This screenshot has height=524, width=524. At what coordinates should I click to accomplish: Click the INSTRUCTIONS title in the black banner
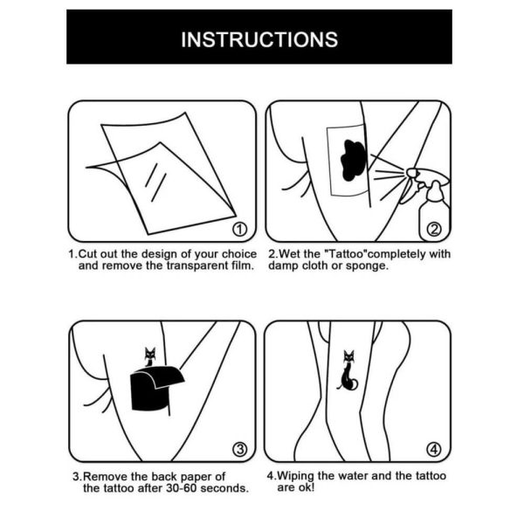pyautogui.click(x=259, y=39)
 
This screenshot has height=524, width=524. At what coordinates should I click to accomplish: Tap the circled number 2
pyautogui.click(x=434, y=230)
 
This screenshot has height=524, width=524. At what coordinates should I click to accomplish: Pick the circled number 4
pyautogui.click(x=434, y=451)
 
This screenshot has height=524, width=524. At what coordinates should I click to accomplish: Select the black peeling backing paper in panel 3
pyautogui.click(x=154, y=390)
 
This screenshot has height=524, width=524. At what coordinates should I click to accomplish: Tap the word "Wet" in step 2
pyautogui.click(x=289, y=254)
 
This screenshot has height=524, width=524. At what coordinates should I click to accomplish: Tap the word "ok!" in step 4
pyautogui.click(x=307, y=487)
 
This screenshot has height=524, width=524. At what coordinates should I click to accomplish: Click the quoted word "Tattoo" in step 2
pyautogui.click(x=348, y=254)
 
